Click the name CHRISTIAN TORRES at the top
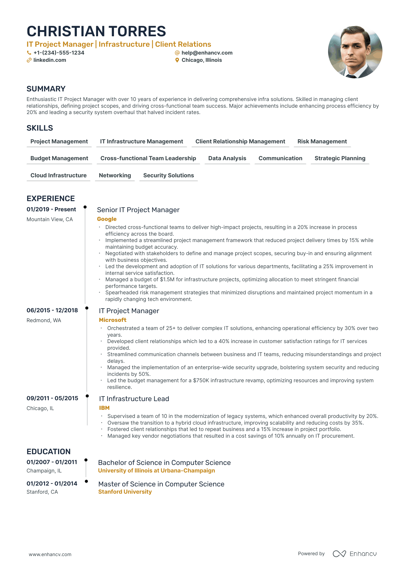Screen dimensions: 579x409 click(96, 31)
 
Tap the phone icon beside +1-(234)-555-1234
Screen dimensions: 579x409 click(29, 53)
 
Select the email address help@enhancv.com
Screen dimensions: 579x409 click(207, 53)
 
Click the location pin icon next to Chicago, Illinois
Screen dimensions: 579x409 click(177, 60)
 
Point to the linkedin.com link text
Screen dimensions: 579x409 click(50, 60)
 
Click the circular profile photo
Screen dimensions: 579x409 click(355, 52)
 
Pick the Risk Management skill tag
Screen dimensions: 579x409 click(322, 141)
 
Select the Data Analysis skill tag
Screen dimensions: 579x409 click(227, 158)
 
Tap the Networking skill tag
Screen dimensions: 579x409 click(115, 175)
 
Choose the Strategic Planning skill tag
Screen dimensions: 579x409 click(340, 158)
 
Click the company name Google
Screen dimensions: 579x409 click(107, 219)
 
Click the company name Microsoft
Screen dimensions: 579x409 click(113, 320)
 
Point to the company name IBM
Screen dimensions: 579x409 click(104, 408)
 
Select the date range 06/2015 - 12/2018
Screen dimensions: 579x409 click(52, 310)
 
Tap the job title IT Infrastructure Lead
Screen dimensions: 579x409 click(134, 399)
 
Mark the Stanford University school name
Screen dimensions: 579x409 click(125, 492)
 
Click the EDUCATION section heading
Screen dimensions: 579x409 click(48, 452)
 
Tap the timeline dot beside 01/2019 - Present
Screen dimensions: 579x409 click(85, 207)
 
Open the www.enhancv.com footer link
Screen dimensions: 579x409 click(50, 554)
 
